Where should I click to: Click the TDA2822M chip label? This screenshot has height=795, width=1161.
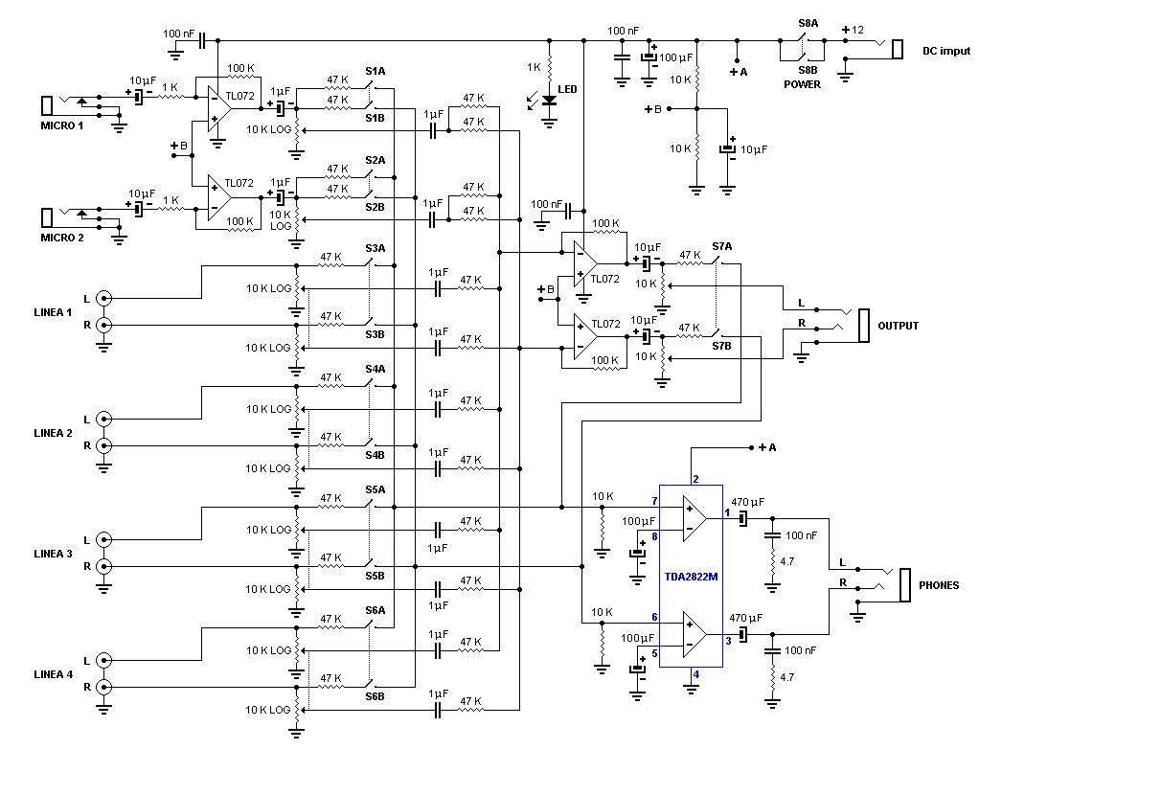(x=691, y=577)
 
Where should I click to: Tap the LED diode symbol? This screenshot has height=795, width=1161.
(x=549, y=102)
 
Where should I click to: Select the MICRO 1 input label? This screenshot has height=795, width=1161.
(x=61, y=125)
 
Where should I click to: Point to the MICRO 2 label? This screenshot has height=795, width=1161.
(x=61, y=238)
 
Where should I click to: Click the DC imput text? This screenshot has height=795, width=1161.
(x=945, y=52)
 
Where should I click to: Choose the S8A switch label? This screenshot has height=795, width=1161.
(x=808, y=23)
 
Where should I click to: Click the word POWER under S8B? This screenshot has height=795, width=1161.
(x=802, y=84)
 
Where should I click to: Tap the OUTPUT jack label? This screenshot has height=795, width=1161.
(x=898, y=326)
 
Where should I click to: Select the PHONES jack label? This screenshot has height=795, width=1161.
(x=939, y=585)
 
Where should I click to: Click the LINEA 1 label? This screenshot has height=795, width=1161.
(x=53, y=312)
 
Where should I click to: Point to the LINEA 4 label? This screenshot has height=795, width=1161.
(x=53, y=674)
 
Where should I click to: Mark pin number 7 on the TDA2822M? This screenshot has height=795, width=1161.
(x=654, y=501)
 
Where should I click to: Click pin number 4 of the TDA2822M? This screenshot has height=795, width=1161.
(x=696, y=674)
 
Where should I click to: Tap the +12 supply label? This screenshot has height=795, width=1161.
(x=853, y=30)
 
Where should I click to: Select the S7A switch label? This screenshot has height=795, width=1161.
(x=721, y=247)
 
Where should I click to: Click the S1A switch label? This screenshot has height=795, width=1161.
(x=375, y=72)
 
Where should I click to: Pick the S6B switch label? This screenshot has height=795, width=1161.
(x=375, y=696)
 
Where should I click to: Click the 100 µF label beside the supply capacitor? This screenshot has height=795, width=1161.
(x=676, y=58)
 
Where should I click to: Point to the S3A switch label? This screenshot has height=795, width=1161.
(x=375, y=249)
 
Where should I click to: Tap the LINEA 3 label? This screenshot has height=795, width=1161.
(x=53, y=554)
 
